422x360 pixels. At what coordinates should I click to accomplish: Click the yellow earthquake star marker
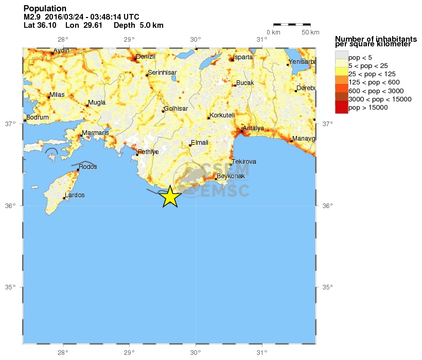point(170,196)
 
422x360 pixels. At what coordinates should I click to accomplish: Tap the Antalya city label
point(253,128)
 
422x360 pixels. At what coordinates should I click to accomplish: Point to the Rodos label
point(88,167)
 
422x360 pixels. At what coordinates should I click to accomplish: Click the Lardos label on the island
point(75,195)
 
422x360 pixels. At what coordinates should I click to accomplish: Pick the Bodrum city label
point(38,117)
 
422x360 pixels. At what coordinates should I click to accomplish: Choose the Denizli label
point(145,57)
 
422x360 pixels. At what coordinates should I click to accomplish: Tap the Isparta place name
point(243,57)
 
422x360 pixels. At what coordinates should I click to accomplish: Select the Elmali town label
point(200,143)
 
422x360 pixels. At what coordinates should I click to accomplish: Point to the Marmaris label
point(96,133)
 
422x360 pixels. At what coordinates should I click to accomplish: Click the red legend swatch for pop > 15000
point(341,107)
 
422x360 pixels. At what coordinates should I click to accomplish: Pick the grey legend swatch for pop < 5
point(341,57)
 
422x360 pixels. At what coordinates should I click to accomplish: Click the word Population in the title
point(45,9)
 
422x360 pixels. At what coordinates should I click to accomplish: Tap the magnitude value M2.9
point(32,17)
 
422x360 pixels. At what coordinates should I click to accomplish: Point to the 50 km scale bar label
point(310,33)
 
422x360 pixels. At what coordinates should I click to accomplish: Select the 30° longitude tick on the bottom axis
point(196,353)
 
